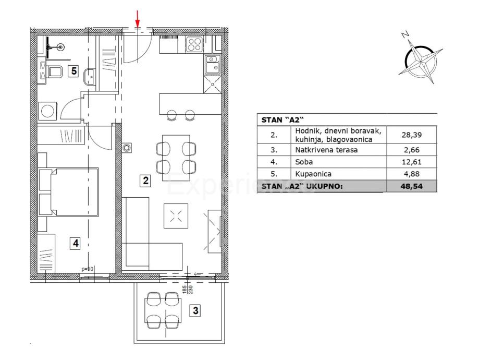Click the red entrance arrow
point(138,19)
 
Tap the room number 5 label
point(73,71)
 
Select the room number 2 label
point(145,181)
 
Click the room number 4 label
point(76,244)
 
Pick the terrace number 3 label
point(195,311)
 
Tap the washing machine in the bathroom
point(47,111)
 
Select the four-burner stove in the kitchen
point(194,44)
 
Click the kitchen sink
point(212,65)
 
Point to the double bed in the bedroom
point(68,192)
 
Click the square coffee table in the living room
point(176,216)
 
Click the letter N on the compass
point(405,35)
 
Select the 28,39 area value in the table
point(411,135)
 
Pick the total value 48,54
point(411,186)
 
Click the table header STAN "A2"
point(283,120)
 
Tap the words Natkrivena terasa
point(326,150)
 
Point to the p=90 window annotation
point(88,269)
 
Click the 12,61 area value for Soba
point(411,162)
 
